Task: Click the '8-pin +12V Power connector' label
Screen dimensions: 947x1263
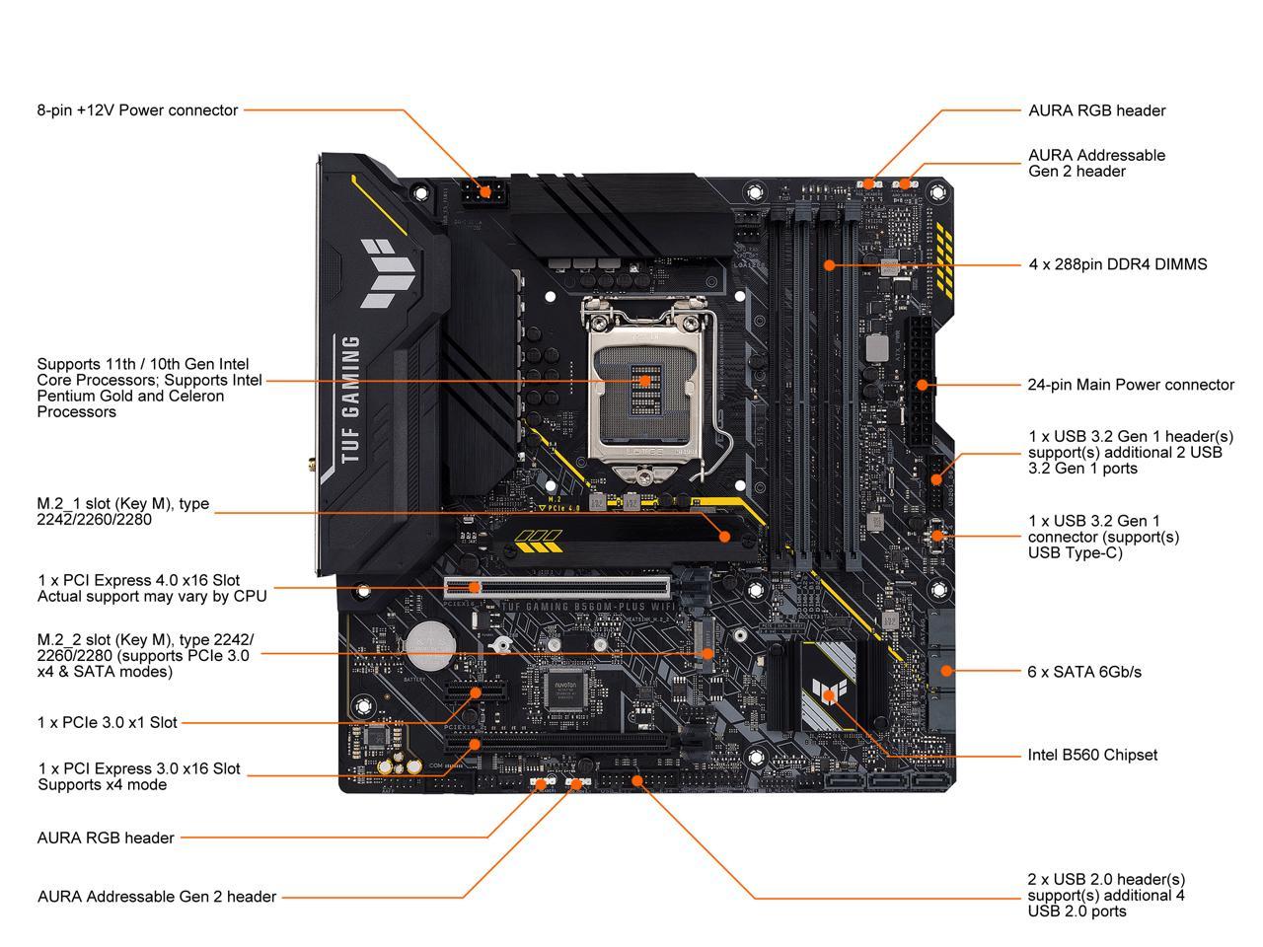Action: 137,110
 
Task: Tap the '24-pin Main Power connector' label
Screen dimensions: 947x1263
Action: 1130,385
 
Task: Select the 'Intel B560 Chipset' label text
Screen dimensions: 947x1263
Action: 1092,755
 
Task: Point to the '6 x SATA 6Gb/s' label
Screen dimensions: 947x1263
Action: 1083,672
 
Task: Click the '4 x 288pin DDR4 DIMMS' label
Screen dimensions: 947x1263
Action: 1117,264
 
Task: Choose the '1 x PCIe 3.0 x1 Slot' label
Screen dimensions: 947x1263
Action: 108,722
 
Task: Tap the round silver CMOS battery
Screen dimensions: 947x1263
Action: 430,641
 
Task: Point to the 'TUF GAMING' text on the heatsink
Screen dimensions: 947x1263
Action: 350,400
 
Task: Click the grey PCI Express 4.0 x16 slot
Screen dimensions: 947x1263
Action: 557,589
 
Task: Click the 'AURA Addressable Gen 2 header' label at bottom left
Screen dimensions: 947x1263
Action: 157,897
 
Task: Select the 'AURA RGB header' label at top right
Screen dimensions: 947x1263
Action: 1096,110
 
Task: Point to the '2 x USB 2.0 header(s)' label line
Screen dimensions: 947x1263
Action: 1106,879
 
